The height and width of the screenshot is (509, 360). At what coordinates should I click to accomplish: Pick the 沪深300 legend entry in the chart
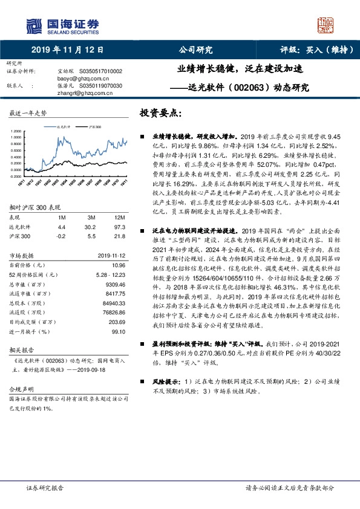click(x=92, y=128)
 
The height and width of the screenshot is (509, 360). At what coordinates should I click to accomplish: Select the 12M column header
click(x=119, y=217)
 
